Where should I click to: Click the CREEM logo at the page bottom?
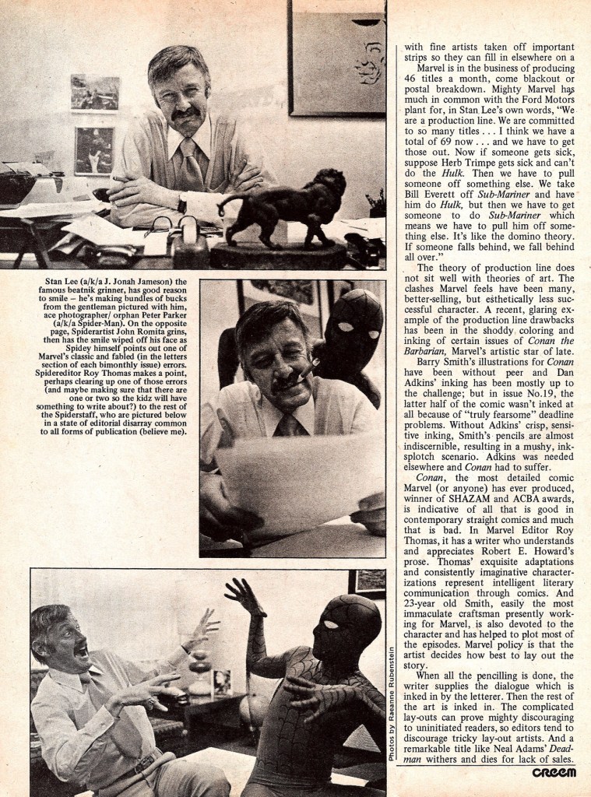pyautogui.click(x=554, y=772)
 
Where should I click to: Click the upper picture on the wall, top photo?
pyautogui.click(x=94, y=93)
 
